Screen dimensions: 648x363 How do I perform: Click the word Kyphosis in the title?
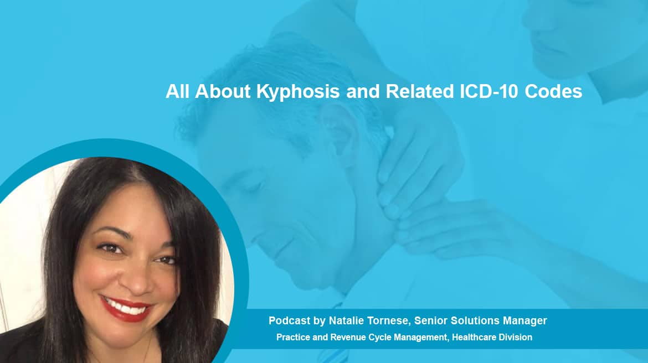point(298,92)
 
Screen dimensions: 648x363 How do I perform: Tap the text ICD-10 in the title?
point(489,91)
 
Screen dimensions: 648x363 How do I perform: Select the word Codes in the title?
point(553,91)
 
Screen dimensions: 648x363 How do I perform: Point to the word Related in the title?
point(420,91)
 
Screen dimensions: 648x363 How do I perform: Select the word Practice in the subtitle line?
point(293,338)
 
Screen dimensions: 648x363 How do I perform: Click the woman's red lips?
point(126,308)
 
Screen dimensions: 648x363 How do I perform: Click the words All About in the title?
point(208,91)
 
